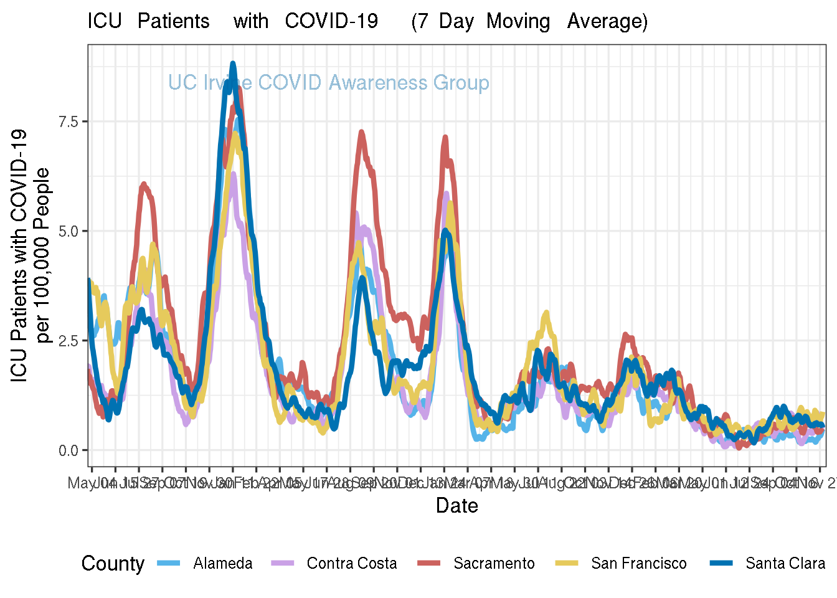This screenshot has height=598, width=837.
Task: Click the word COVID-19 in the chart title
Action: click(331, 21)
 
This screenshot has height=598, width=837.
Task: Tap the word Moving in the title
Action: click(518, 21)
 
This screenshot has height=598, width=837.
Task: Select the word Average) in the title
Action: click(607, 21)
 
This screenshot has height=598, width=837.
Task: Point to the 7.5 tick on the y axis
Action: click(68, 121)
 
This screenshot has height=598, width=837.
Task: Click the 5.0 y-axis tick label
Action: click(68, 231)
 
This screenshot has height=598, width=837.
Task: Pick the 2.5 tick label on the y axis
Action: click(68, 341)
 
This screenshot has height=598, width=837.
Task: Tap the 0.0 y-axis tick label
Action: click(68, 450)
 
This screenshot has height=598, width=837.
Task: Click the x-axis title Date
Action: click(456, 505)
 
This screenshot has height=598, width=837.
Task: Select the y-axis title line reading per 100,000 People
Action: click(43, 255)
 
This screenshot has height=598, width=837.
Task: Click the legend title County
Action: click(113, 564)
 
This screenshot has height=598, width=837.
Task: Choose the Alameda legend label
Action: click(223, 564)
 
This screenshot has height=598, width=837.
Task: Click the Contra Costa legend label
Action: click(352, 564)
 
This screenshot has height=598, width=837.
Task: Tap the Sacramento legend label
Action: click(494, 564)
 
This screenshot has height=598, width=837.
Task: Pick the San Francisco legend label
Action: click(639, 564)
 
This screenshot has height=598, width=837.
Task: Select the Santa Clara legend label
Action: click(785, 564)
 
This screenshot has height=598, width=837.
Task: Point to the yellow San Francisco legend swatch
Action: click(566, 563)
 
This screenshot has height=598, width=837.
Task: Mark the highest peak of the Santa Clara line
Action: click(233, 64)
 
